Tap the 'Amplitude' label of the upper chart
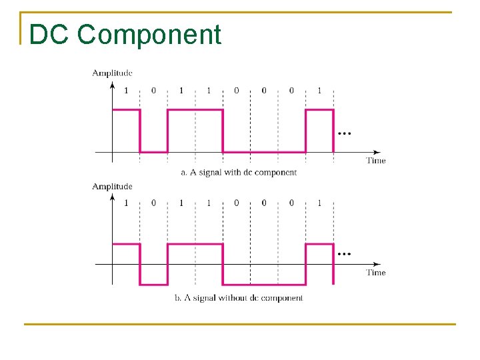coord(112,73)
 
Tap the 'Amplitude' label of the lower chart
coord(112,186)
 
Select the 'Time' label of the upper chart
coord(376,160)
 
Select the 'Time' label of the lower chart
coord(376,272)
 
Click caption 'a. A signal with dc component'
coord(239,172)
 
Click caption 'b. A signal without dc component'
coord(239,298)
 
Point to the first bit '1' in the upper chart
coord(126,91)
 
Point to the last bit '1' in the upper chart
coord(319,91)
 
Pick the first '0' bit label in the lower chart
coord(153,203)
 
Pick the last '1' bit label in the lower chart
coord(319,203)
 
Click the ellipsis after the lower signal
coord(344,254)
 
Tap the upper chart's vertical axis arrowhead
coord(112,85)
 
